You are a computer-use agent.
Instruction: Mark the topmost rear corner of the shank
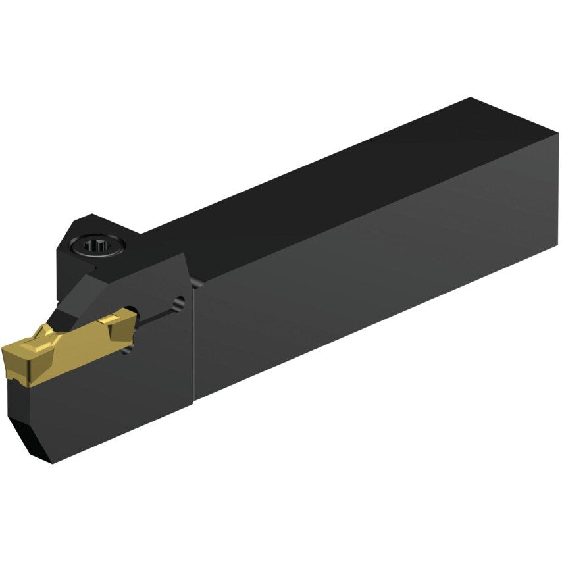(x=470, y=99)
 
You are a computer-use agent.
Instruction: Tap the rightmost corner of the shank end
(x=558, y=135)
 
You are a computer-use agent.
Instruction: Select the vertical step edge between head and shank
(x=193, y=342)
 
